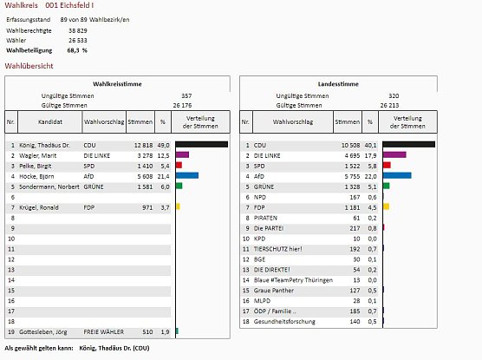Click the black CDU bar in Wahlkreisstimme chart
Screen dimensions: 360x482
click(201, 144)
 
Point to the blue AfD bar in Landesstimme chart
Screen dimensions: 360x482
click(397, 175)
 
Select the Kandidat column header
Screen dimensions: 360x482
click(50, 122)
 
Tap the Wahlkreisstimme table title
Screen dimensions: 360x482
click(118, 83)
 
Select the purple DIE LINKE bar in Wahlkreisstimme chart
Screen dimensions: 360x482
click(182, 154)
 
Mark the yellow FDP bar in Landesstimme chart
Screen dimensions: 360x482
click(387, 206)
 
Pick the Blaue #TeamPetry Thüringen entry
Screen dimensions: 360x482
click(293, 279)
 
